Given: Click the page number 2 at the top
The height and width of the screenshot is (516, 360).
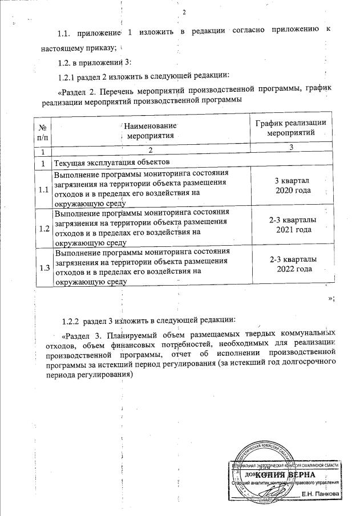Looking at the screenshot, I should click(184, 13).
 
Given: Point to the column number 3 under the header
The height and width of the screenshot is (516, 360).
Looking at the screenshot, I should click(291, 148).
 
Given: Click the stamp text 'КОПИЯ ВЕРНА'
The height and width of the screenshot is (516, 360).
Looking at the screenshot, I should click(284, 474).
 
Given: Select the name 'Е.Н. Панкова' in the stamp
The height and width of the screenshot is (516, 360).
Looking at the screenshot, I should click(321, 493).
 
